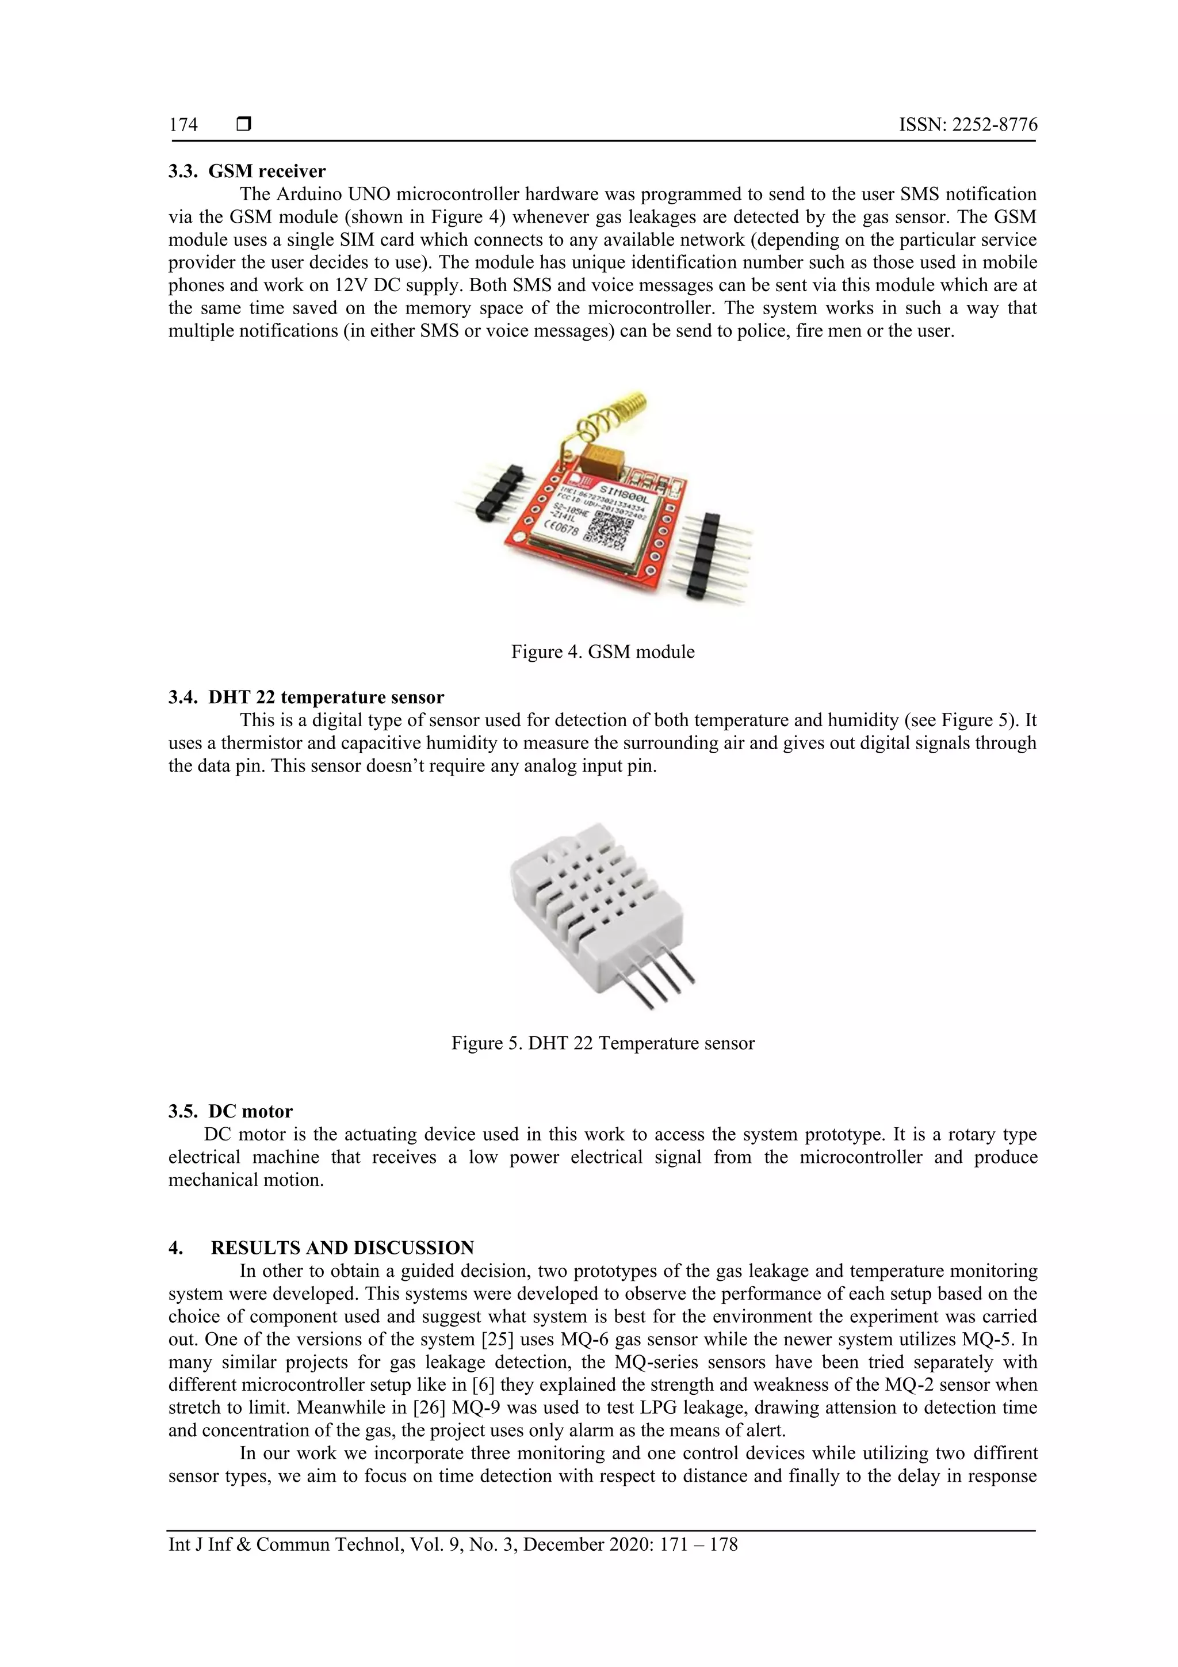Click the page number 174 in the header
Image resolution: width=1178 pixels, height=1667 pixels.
pyautogui.click(x=183, y=125)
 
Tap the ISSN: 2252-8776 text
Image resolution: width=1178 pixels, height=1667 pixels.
pyautogui.click(x=967, y=125)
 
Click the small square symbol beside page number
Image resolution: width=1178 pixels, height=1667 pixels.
pyautogui.click(x=244, y=125)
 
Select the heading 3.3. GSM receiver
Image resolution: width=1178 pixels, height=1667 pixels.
pyautogui.click(x=247, y=171)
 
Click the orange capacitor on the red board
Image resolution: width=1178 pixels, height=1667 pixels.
pyautogui.click(x=602, y=458)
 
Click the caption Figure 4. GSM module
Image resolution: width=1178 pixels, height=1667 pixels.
pyautogui.click(x=602, y=652)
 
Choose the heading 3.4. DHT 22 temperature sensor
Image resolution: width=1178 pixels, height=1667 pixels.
pyautogui.click(x=305, y=698)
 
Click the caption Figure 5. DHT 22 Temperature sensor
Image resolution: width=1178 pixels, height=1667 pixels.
pyautogui.click(x=602, y=1043)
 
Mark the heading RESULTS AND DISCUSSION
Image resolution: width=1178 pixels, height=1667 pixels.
pyautogui.click(x=342, y=1248)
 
